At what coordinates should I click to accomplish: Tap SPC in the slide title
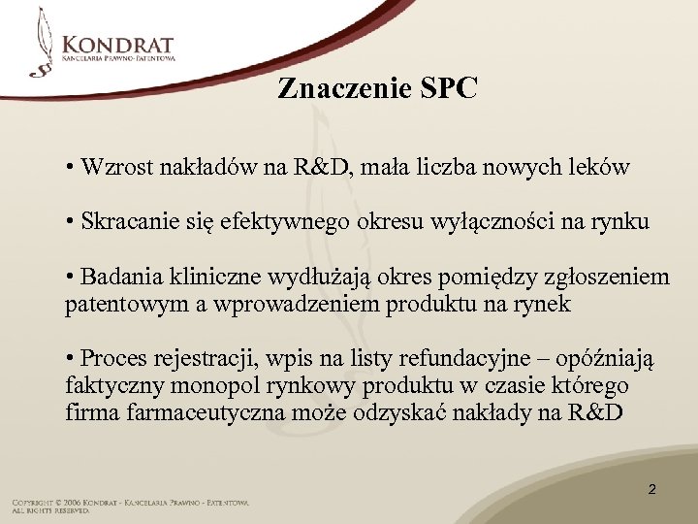[x=449, y=89]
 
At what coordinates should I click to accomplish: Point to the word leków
[x=601, y=167]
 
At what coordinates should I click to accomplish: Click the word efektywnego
[x=290, y=222]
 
